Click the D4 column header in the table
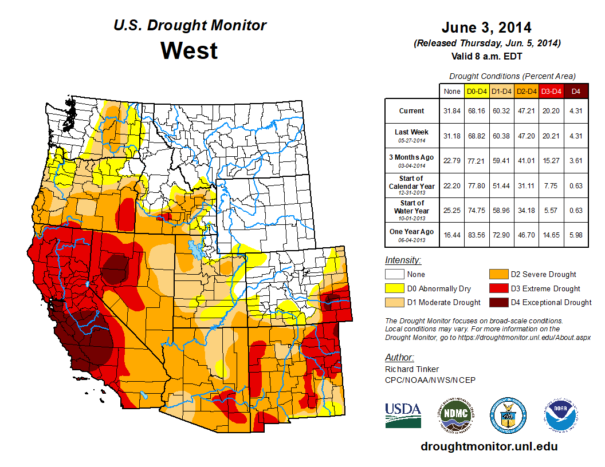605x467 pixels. [x=576, y=90]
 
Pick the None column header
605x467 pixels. [x=452, y=90]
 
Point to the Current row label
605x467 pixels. [x=412, y=111]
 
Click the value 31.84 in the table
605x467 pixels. [x=452, y=111]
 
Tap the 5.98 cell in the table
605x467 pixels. [x=576, y=234]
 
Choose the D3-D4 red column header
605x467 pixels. [x=551, y=90]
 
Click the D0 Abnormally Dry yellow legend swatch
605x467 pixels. [x=394, y=288]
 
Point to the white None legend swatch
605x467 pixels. [x=394, y=275]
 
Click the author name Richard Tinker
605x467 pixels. [x=412, y=369]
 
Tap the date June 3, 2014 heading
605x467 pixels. [x=486, y=27]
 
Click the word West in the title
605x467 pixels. [x=189, y=50]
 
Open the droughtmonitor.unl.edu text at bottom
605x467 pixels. [x=489, y=446]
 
